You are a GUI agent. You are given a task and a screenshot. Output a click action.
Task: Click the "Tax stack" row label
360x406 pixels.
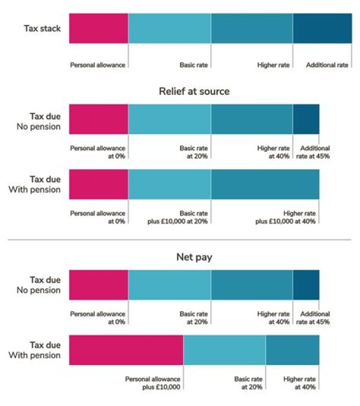(42, 28)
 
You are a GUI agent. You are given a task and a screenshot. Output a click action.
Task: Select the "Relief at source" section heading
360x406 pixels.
(194, 91)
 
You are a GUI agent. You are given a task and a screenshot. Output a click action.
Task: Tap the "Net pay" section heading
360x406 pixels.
(194, 257)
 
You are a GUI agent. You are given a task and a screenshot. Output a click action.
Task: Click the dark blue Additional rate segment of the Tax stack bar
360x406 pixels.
(322, 28)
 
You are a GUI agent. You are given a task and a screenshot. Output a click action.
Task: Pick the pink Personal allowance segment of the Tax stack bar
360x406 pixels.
(98, 28)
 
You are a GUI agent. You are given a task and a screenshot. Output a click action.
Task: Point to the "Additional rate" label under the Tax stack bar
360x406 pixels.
(327, 65)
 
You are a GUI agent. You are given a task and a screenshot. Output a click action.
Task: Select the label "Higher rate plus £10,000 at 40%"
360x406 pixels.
(285, 218)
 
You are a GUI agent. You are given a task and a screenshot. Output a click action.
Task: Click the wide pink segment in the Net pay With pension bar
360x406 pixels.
(126, 350)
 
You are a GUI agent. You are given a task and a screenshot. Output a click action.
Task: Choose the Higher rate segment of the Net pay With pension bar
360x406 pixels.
(292, 350)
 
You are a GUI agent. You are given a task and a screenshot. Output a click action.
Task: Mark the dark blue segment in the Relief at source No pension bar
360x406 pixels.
(305, 119)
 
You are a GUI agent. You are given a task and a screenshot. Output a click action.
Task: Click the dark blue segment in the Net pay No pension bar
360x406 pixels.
(305, 285)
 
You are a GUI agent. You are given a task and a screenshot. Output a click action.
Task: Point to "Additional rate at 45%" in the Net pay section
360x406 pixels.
(314, 318)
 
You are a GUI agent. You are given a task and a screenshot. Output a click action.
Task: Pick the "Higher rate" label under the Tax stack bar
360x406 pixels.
(273, 65)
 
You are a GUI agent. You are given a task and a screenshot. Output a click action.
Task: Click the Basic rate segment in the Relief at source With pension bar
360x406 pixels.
(169, 185)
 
